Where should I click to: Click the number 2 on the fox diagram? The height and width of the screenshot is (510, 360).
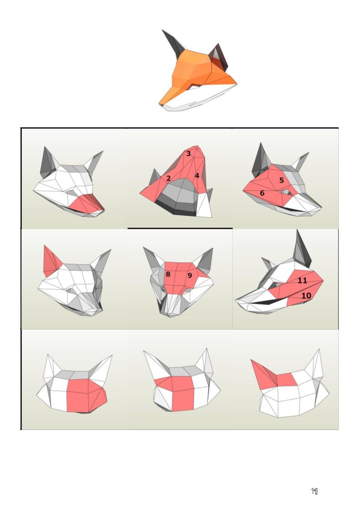pyautogui.click(x=168, y=178)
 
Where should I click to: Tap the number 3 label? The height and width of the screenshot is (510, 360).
pyautogui.click(x=189, y=153)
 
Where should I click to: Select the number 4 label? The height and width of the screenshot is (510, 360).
pyautogui.click(x=197, y=175)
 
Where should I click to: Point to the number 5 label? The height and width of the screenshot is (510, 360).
pyautogui.click(x=282, y=180)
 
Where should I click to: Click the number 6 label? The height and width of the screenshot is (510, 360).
pyautogui.click(x=262, y=193)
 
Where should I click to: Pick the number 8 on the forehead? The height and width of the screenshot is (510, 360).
pyautogui.click(x=168, y=274)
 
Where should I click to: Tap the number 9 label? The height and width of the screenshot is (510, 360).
pyautogui.click(x=190, y=275)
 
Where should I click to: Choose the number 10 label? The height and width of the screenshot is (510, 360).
pyautogui.click(x=306, y=295)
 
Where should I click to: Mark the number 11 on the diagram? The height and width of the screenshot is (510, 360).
pyautogui.click(x=302, y=280)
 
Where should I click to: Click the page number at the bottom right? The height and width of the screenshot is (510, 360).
pyautogui.click(x=315, y=491)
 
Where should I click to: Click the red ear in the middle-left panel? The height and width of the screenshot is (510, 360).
pyautogui.click(x=51, y=262)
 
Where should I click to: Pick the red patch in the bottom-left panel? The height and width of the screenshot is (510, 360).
pyautogui.click(x=86, y=395)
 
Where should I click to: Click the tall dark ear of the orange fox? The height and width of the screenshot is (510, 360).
pyautogui.click(x=172, y=44)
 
